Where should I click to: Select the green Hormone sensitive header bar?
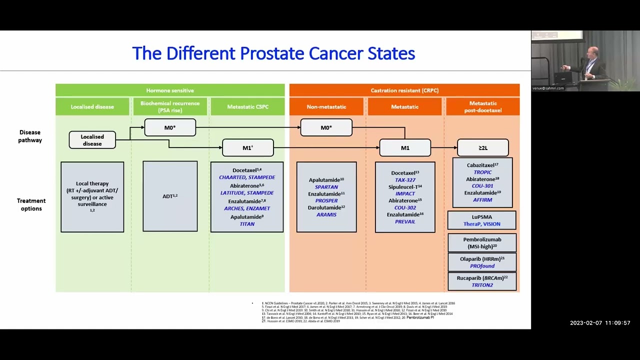pos(170,90)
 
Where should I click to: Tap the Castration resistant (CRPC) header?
pos(404,90)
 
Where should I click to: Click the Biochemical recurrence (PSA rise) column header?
pos(170,106)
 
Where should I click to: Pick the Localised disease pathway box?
pos(92,140)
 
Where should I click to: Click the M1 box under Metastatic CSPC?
pos(247,148)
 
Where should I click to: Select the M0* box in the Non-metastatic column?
pos(326,127)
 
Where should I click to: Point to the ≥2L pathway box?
pos(482,148)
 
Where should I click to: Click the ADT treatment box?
pos(170,196)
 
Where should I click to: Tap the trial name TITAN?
pos(247,224)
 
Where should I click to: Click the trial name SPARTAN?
pos(326,187)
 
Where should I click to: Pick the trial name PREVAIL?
pos(405,221)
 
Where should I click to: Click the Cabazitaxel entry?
pos(481,165)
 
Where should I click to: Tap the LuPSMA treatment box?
pos(481,220)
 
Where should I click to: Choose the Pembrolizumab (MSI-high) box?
pos(481,242)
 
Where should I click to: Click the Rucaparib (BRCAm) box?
pos(481,281)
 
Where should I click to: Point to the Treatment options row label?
pos(31,204)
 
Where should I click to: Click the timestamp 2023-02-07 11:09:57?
pos(600,323)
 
